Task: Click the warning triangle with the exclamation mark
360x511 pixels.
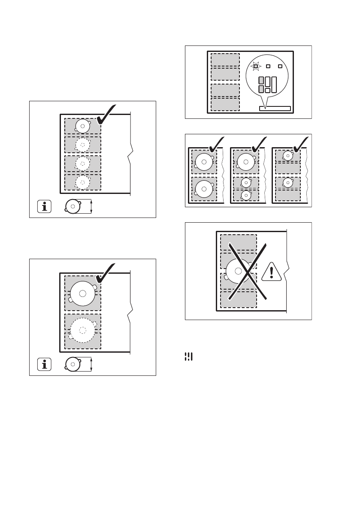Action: pos(271,272)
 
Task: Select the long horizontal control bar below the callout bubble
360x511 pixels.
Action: pos(275,109)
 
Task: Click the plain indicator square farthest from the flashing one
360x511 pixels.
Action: pos(280,67)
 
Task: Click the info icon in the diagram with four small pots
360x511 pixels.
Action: pos(44,207)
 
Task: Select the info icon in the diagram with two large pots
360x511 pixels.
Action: pos(44,365)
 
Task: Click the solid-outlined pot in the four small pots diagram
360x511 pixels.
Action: pos(82,126)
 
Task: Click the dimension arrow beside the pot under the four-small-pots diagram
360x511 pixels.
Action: pos(92,207)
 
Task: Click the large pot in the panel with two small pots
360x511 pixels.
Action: pos(245,162)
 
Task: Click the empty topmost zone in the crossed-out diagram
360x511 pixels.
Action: pos(238,242)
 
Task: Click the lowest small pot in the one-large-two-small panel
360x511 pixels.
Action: pos(246,195)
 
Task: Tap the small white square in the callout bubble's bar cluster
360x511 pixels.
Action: pos(267,91)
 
